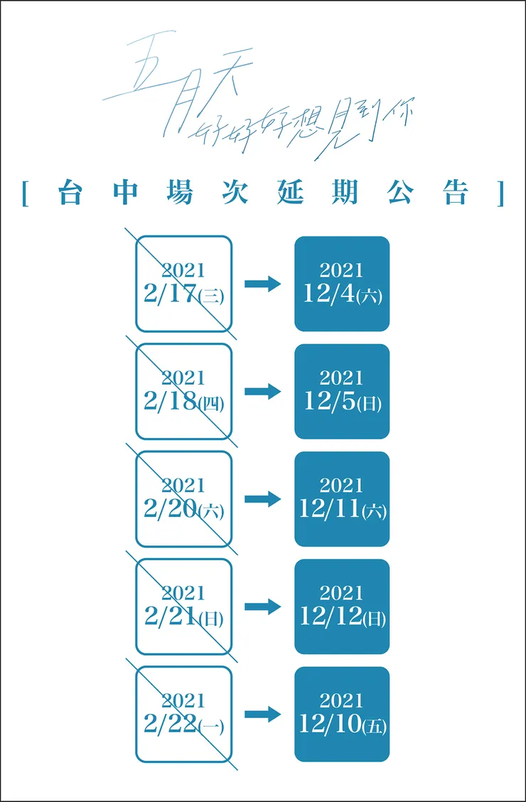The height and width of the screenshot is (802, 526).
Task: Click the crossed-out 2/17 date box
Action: tap(183, 284)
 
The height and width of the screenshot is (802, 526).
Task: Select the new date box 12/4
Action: tap(342, 284)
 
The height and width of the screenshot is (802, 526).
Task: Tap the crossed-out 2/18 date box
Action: tap(183, 392)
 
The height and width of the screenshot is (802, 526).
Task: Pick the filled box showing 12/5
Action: tap(342, 392)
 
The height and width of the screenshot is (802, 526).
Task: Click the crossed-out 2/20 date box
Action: tap(183, 499)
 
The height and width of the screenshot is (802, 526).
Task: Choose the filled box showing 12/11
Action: tap(342, 499)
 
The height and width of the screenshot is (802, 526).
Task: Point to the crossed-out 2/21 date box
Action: tap(183, 606)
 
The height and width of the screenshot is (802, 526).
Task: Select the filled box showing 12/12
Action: tap(342, 606)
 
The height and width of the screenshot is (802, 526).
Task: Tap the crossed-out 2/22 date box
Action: tap(183, 714)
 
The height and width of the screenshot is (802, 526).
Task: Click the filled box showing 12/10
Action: tap(342, 714)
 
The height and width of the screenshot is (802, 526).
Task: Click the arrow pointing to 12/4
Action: tap(263, 284)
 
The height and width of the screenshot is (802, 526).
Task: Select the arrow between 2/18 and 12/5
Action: tap(263, 392)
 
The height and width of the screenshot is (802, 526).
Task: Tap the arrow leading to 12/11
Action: tap(263, 499)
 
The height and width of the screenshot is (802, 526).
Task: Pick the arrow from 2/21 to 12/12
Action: tap(263, 606)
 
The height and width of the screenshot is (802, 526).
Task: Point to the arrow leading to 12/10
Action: tap(263, 715)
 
